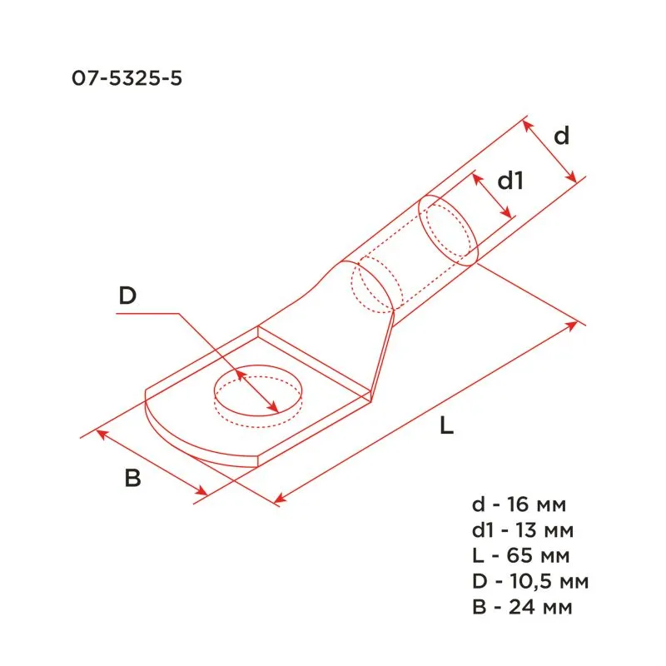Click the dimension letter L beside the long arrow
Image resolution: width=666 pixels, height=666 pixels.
(x=448, y=427)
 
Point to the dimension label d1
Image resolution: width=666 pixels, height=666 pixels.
(x=509, y=181)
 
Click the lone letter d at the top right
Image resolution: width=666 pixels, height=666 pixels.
(x=562, y=136)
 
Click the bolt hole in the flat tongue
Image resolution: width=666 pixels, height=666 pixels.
(x=259, y=392)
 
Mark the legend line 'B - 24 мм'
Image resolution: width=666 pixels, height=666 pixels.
(x=521, y=606)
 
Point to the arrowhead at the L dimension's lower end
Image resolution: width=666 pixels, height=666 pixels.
(x=278, y=499)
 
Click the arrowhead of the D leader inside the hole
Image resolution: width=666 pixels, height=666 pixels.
(x=275, y=408)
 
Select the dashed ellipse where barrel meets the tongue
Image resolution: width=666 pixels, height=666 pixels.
(x=372, y=287)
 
